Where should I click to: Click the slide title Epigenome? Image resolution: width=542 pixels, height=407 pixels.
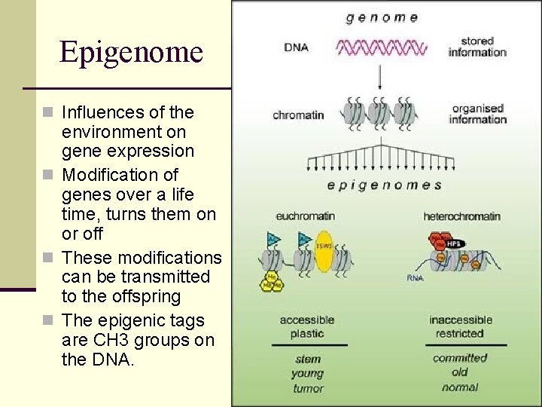(131, 52)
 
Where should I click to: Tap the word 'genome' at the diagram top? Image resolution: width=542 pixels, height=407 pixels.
(382, 17)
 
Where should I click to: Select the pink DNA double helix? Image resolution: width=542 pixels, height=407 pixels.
(382, 48)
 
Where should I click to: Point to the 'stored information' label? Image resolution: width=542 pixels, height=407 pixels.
(477, 46)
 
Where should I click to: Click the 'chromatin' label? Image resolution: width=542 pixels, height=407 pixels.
(298, 115)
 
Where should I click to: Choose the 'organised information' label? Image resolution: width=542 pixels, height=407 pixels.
(478, 114)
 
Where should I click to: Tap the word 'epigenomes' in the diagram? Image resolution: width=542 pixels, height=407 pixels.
(384, 185)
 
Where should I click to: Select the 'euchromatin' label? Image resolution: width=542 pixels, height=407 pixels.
(305, 217)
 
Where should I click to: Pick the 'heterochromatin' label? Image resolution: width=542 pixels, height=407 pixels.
(461, 217)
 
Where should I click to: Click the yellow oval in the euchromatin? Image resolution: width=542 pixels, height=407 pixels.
(324, 251)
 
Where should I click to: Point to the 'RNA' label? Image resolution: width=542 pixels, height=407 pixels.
(416, 277)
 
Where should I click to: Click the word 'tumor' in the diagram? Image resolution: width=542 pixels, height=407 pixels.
(308, 389)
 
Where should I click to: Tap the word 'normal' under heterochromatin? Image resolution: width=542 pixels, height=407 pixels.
(460, 387)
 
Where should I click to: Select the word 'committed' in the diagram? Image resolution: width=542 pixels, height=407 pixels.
(460, 358)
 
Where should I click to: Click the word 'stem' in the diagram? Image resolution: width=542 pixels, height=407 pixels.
(308, 360)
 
